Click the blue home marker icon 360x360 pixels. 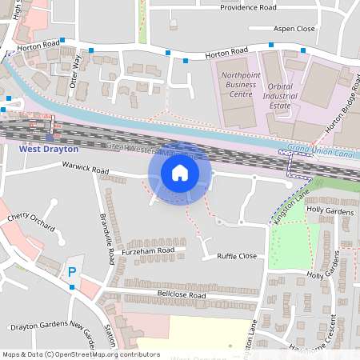(x=180, y=173)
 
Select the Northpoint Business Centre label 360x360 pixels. (x=238, y=83)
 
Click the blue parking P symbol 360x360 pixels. (x=72, y=272)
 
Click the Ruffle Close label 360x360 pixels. (x=237, y=256)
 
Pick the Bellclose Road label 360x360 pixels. (x=182, y=295)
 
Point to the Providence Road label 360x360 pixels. (x=249, y=7)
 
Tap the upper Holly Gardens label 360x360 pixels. (x=330, y=210)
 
